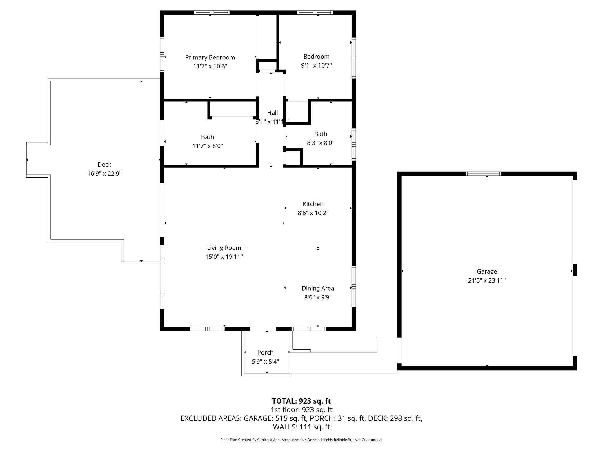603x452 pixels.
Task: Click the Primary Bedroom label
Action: coord(210,57)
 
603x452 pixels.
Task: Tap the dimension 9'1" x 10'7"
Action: coord(316,65)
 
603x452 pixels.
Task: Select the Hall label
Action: coord(272,113)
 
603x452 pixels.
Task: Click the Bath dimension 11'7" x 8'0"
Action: coord(208,146)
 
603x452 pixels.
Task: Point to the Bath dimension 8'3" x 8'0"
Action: coord(320,143)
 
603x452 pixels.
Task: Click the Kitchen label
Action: coord(313,204)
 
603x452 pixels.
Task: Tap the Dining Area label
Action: coord(318,288)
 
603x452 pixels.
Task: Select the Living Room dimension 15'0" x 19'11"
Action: coord(224,257)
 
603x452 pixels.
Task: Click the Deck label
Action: coord(104,165)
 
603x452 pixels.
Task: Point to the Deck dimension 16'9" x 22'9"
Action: coord(104,174)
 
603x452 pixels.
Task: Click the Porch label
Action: coord(265,353)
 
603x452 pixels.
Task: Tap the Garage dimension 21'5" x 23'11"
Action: coord(487,280)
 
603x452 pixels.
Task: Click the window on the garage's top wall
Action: coord(483,174)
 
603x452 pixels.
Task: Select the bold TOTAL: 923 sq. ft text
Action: coord(301,401)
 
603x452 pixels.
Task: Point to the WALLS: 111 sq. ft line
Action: coord(301,427)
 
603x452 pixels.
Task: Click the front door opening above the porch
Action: coord(263,329)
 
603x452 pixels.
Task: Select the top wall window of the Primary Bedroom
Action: coord(212,12)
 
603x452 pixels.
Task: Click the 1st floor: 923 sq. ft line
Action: coord(301,410)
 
